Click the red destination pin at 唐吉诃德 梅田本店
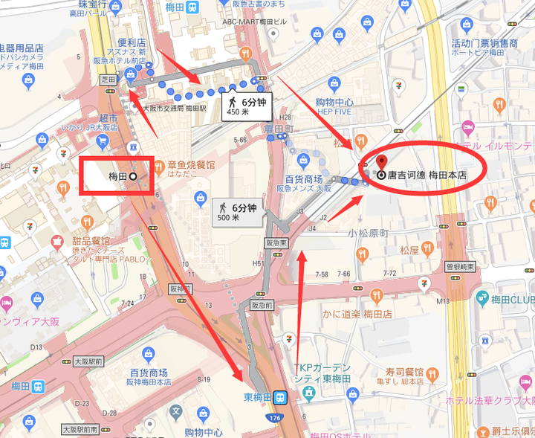click(x=383, y=162)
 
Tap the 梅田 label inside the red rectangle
click(x=118, y=176)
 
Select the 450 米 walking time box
click(x=243, y=106)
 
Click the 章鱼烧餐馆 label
click(x=192, y=164)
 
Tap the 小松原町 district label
click(x=369, y=233)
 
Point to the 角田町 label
click(x=277, y=128)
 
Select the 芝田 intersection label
click(x=108, y=78)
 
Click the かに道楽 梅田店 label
click(x=358, y=315)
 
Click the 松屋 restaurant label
click(x=410, y=251)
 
